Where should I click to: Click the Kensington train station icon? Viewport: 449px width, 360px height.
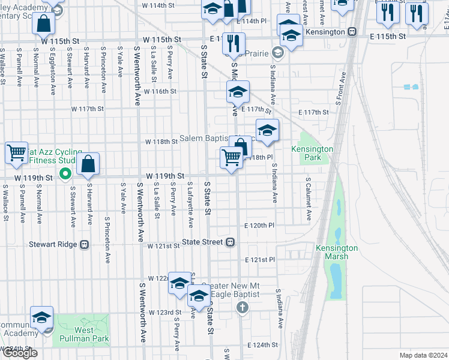coord(354,32)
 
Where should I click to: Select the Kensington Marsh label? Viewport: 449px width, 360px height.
coord(336,252)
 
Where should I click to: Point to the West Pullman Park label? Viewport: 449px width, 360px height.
coord(83,334)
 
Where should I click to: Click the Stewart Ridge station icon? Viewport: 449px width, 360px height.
coord(85,245)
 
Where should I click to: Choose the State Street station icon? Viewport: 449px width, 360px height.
coord(229,242)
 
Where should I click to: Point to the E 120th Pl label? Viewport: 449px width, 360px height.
coord(259,226)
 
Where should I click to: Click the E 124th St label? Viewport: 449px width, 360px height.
coord(262,345)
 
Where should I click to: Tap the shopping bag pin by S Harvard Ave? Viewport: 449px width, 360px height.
coord(88,164)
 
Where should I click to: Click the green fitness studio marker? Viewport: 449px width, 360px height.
coord(67,175)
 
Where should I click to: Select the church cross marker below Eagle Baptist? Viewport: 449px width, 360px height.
coord(242,308)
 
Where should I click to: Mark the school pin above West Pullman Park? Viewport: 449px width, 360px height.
coord(42,318)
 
